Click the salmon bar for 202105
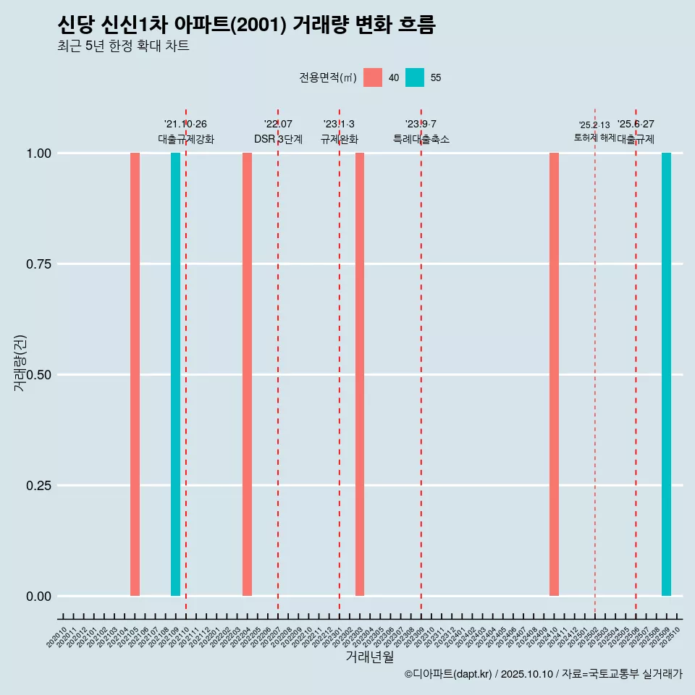coord(135,374)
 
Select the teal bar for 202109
coord(175,374)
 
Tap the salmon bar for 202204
coord(247,374)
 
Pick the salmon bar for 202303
coord(360,374)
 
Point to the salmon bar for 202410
coord(554,374)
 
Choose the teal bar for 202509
coord(666,374)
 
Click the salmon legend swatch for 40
coord(373,77)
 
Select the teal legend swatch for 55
coord(415,77)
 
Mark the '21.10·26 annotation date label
coord(185,125)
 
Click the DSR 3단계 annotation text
coord(278,139)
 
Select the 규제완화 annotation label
coord(340,139)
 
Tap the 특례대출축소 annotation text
coord(421,139)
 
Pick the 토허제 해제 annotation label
coord(594,137)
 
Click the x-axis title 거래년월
coord(369,657)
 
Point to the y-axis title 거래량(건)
coord(20,363)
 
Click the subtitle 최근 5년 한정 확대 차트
coord(123,46)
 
